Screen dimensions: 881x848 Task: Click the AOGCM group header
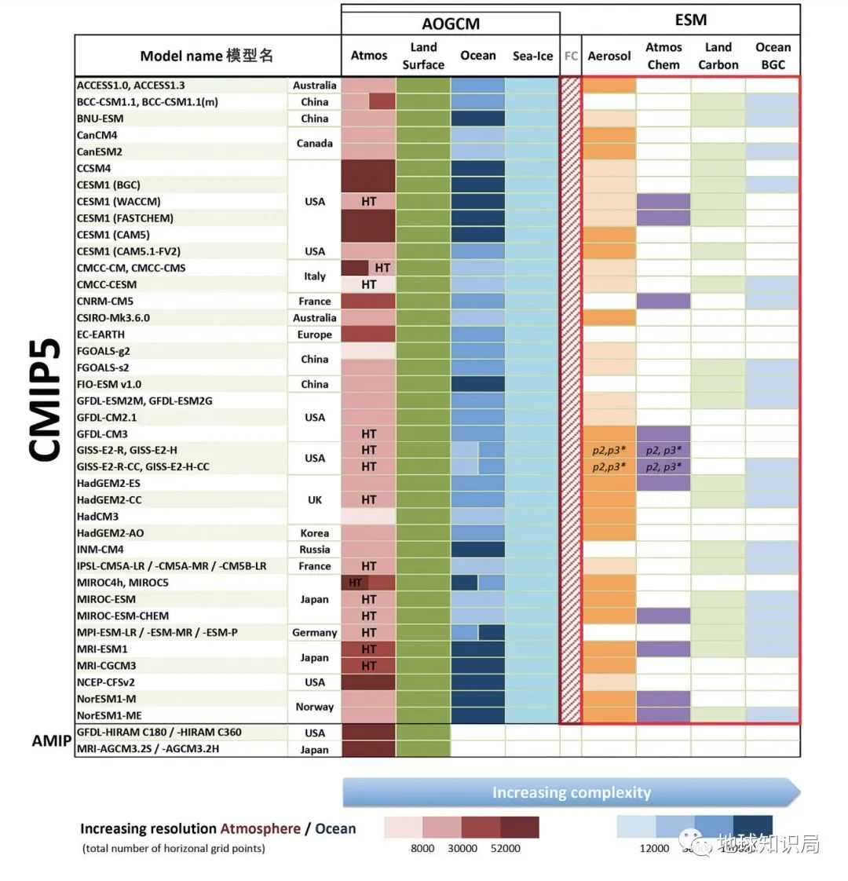coord(451,24)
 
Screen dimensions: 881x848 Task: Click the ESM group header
coord(690,20)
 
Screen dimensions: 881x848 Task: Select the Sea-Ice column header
coord(532,56)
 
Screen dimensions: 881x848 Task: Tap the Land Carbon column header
coord(718,56)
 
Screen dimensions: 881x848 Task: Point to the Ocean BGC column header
coord(773,56)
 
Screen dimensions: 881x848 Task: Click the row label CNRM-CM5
coord(105,301)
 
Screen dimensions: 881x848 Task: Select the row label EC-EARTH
coord(101,334)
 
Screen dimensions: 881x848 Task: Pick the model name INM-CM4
coord(100,550)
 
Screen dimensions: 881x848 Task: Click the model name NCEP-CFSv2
coord(106,682)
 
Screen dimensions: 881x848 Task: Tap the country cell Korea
coord(315,533)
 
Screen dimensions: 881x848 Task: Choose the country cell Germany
coord(315,632)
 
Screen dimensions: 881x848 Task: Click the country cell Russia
coord(315,550)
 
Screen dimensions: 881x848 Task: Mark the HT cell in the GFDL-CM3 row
coord(369,433)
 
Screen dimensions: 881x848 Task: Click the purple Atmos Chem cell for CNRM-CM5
coord(663,301)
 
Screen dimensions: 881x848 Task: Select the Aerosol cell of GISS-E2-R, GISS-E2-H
coord(609,450)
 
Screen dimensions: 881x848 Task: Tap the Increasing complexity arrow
coord(572,792)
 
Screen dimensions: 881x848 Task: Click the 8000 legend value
coord(422,848)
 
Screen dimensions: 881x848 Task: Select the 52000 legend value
coord(505,848)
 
